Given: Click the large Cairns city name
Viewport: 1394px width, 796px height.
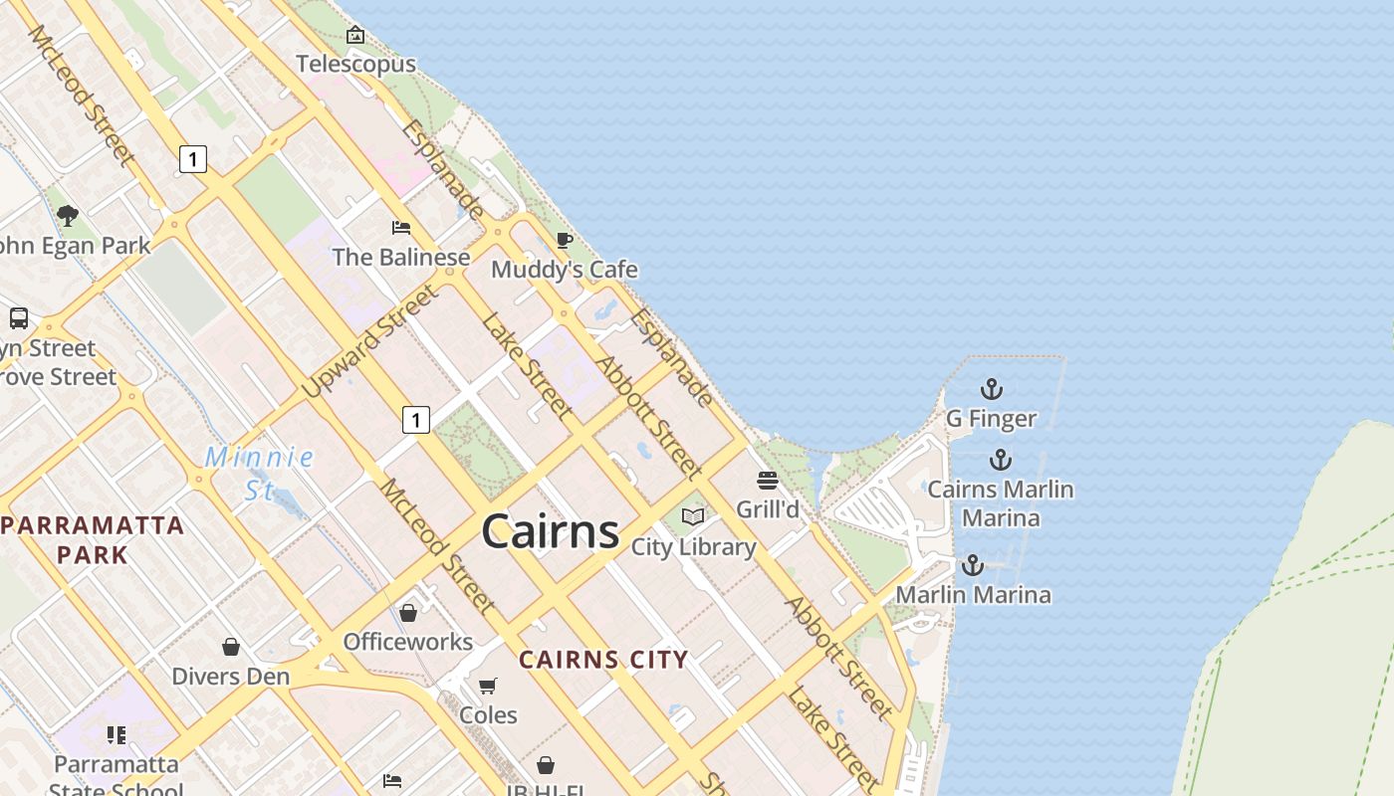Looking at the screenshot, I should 551,531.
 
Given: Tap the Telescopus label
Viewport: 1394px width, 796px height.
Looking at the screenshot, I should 355,65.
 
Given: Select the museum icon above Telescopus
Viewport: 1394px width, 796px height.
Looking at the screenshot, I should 355,36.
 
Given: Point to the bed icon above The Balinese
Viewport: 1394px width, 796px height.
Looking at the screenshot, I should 401,228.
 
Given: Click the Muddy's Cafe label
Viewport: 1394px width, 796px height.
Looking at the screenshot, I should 565,270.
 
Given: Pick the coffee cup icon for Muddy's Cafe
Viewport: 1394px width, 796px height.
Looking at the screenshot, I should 565,240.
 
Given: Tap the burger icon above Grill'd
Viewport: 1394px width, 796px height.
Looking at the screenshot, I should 768,481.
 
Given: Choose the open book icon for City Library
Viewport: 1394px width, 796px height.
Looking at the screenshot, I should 693,517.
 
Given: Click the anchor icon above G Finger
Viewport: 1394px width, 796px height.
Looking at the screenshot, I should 992,389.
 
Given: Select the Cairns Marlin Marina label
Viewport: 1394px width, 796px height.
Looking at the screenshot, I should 1001,503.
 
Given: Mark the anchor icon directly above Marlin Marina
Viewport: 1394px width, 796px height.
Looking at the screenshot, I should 973,566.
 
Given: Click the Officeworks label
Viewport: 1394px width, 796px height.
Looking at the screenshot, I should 408,642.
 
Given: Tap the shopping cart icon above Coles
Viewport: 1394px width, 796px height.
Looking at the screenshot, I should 488,686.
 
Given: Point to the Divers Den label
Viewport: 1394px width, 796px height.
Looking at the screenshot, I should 231,677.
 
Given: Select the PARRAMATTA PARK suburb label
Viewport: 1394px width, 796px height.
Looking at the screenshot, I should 93,539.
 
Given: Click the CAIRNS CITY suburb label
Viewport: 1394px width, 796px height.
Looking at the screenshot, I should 603,660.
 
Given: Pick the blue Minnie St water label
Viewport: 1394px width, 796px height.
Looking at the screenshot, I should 259,473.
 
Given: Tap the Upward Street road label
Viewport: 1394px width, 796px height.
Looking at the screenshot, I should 370,341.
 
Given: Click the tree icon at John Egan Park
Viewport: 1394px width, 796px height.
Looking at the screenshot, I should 68,215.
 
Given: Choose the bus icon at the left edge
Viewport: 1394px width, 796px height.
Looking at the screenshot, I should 19,318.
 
